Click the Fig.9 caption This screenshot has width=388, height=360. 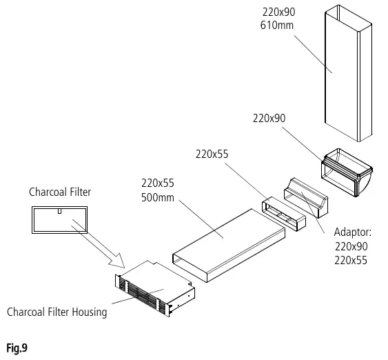pyautogui.click(x=17, y=348)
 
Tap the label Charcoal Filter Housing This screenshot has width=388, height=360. pyautogui.click(x=57, y=312)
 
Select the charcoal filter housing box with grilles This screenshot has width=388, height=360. pyautogui.click(x=155, y=289)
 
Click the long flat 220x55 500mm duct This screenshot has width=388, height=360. pyautogui.click(x=229, y=246)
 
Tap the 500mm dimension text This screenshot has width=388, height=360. pyautogui.click(x=158, y=197)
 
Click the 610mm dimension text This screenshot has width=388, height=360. pyautogui.click(x=277, y=26)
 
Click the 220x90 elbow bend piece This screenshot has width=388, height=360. pyautogui.click(x=347, y=172)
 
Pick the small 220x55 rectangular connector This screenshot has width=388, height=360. pyautogui.click(x=283, y=214)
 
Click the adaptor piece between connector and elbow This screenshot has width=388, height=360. pyautogui.click(x=306, y=197)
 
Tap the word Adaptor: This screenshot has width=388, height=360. pyautogui.click(x=353, y=232)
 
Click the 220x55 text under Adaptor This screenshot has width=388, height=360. pyautogui.click(x=351, y=260)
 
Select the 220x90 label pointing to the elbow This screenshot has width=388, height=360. pyautogui.click(x=269, y=119)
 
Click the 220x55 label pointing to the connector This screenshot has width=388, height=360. pyautogui.click(x=212, y=154)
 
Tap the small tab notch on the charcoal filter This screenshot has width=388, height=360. pyautogui.click(x=59, y=211)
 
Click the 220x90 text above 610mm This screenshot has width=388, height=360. pyautogui.click(x=279, y=12)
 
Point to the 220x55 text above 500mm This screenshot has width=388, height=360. pyautogui.click(x=158, y=183)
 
